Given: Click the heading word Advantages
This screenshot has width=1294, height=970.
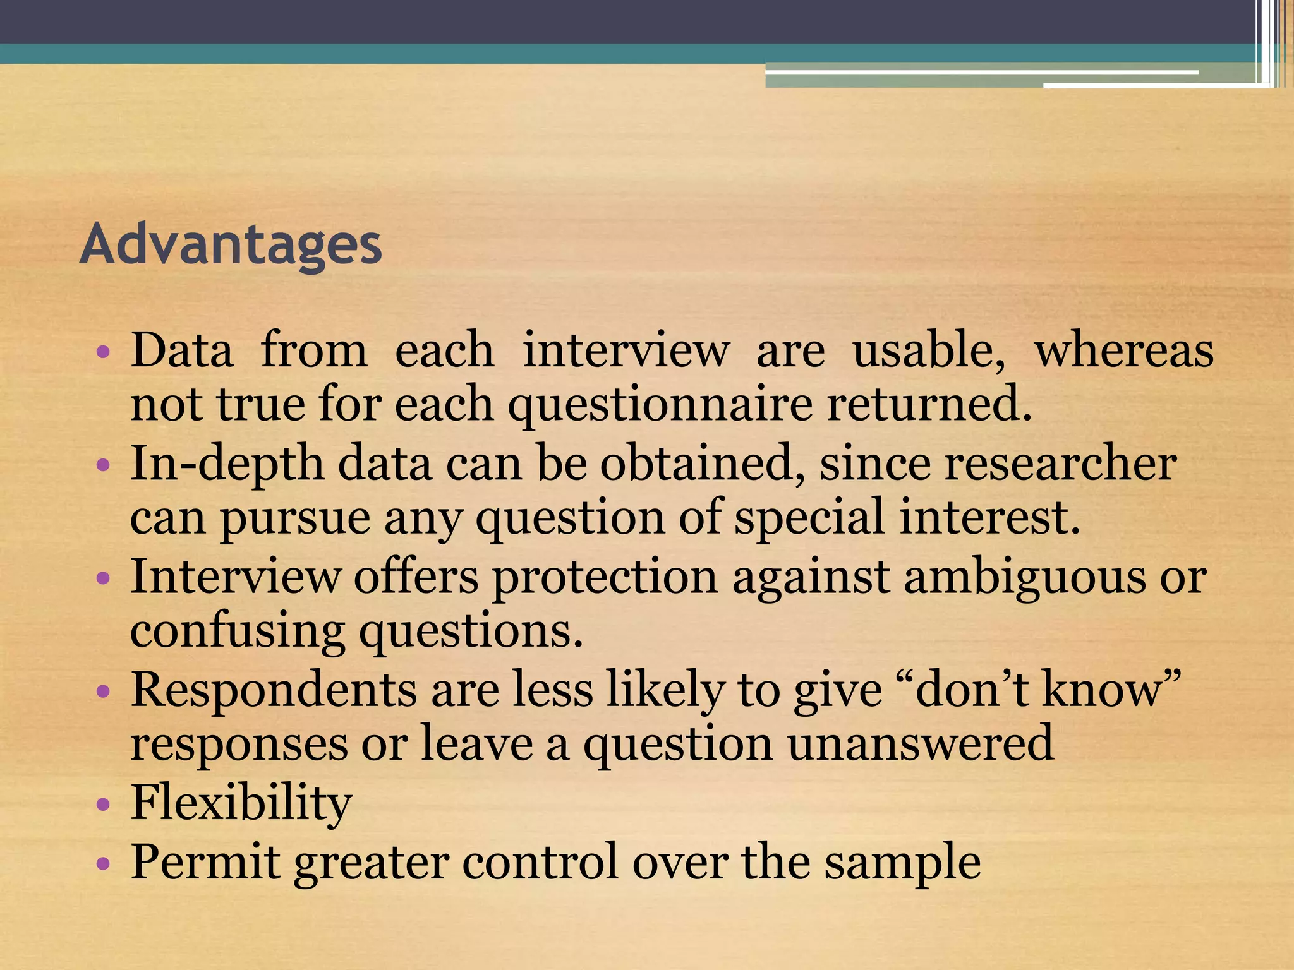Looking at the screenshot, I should pos(231,245).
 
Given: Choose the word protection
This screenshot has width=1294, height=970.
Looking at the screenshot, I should pos(605,577).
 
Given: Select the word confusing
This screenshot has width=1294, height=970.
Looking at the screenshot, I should pos(238,632).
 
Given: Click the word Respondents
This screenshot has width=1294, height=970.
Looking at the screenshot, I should pos(274,689).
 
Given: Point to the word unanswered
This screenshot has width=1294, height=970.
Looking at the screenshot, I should pos(920,745).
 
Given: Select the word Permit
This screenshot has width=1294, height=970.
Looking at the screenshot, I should pos(205,862).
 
